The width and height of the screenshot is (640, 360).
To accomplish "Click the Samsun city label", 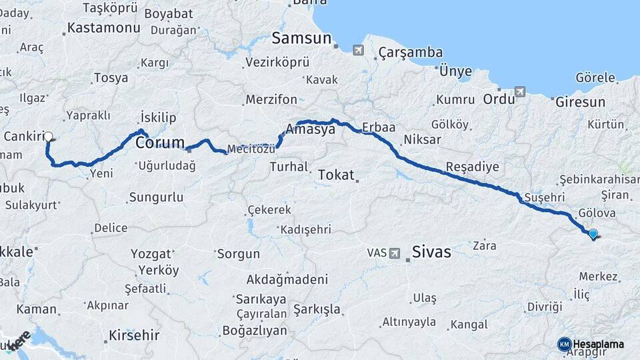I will coord(302,38).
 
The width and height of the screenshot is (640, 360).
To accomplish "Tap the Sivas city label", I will coord(431,252).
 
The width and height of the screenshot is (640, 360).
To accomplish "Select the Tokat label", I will coord(336,175).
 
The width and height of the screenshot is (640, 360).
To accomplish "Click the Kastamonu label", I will coord(104,28).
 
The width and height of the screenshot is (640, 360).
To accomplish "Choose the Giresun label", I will coord(579,102).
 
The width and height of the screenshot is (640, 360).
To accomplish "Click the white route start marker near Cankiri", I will coord(48,137).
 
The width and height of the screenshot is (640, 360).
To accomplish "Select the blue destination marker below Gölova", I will coord(593,233).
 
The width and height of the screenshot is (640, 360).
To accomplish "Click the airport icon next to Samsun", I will coord(358,50).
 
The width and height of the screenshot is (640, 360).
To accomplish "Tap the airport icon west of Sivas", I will coord(395,253).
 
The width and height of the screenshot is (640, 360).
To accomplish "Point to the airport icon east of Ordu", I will coord(519,92).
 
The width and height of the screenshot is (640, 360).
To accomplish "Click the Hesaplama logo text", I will coord(599,344).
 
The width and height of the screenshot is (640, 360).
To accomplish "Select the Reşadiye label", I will coord(472,166).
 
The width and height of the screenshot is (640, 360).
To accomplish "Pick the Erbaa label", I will coord(379,127).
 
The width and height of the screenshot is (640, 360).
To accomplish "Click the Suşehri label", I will coord(545,197).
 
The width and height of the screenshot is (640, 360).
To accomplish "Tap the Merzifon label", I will coord(271,99).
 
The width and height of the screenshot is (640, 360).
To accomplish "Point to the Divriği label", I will coord(545,306).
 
